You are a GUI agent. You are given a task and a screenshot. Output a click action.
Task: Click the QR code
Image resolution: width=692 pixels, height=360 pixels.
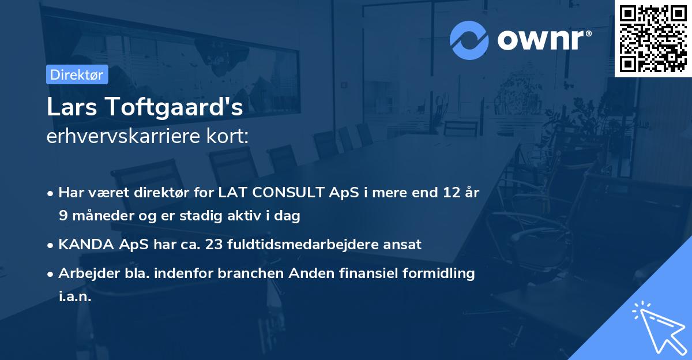coord(653,38)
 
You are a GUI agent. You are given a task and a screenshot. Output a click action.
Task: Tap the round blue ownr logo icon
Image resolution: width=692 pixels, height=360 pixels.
coord(469,40)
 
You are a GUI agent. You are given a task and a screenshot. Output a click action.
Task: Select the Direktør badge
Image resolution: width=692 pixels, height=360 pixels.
coord(77,74)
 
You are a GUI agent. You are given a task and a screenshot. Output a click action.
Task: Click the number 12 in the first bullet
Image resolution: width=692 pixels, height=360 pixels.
coord(448,192)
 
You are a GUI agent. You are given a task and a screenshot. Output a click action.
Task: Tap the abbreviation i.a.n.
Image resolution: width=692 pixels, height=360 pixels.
coord(75,297)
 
